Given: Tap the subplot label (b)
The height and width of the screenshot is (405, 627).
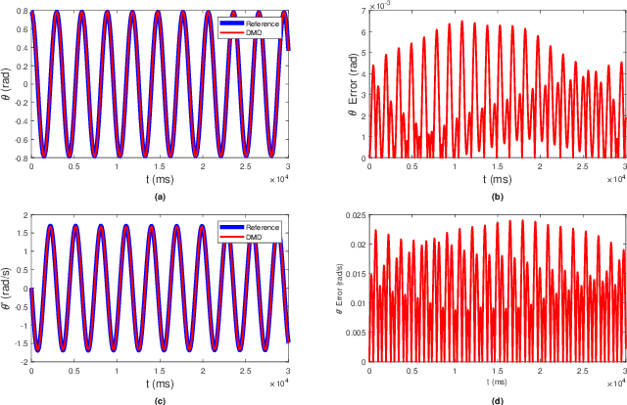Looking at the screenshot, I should click(498, 196).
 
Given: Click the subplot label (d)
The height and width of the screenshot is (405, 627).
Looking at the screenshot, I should click(498, 399).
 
